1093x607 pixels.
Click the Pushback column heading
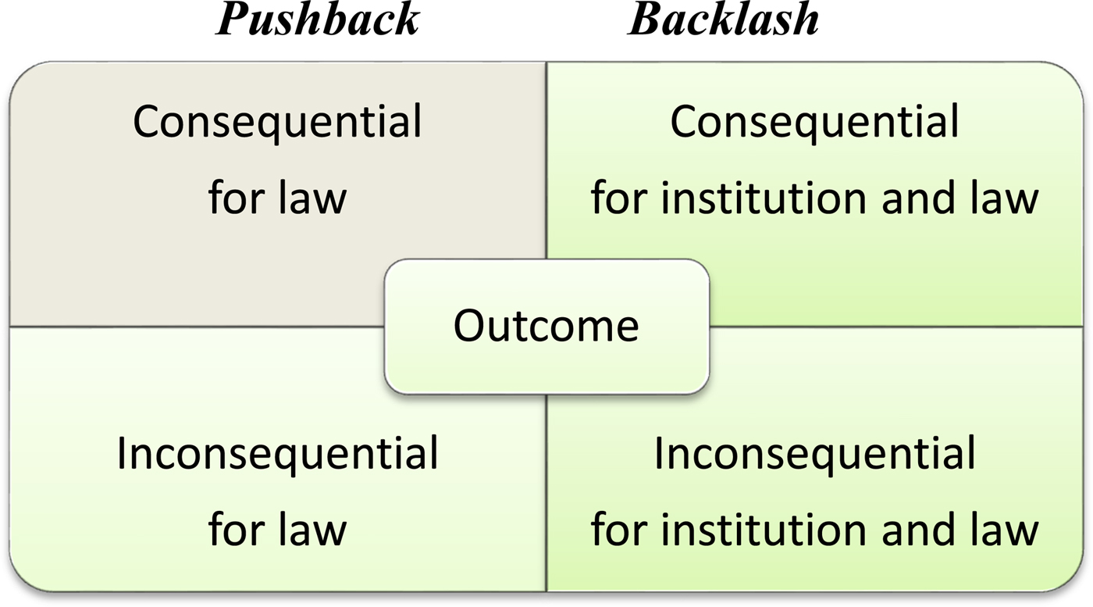coord(318,20)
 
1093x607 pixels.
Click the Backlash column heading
coord(724,20)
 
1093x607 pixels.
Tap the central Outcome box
coord(546,326)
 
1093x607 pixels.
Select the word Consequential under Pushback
coord(277,123)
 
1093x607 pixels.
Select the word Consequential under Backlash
coord(814,123)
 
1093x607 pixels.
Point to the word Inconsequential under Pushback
coord(277,454)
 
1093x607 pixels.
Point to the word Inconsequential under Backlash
coord(814,454)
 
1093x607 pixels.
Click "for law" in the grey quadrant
coord(277,198)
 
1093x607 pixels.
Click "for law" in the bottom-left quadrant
coord(277,529)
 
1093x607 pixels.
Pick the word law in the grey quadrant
coord(312,198)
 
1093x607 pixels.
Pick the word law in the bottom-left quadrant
coord(312,529)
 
